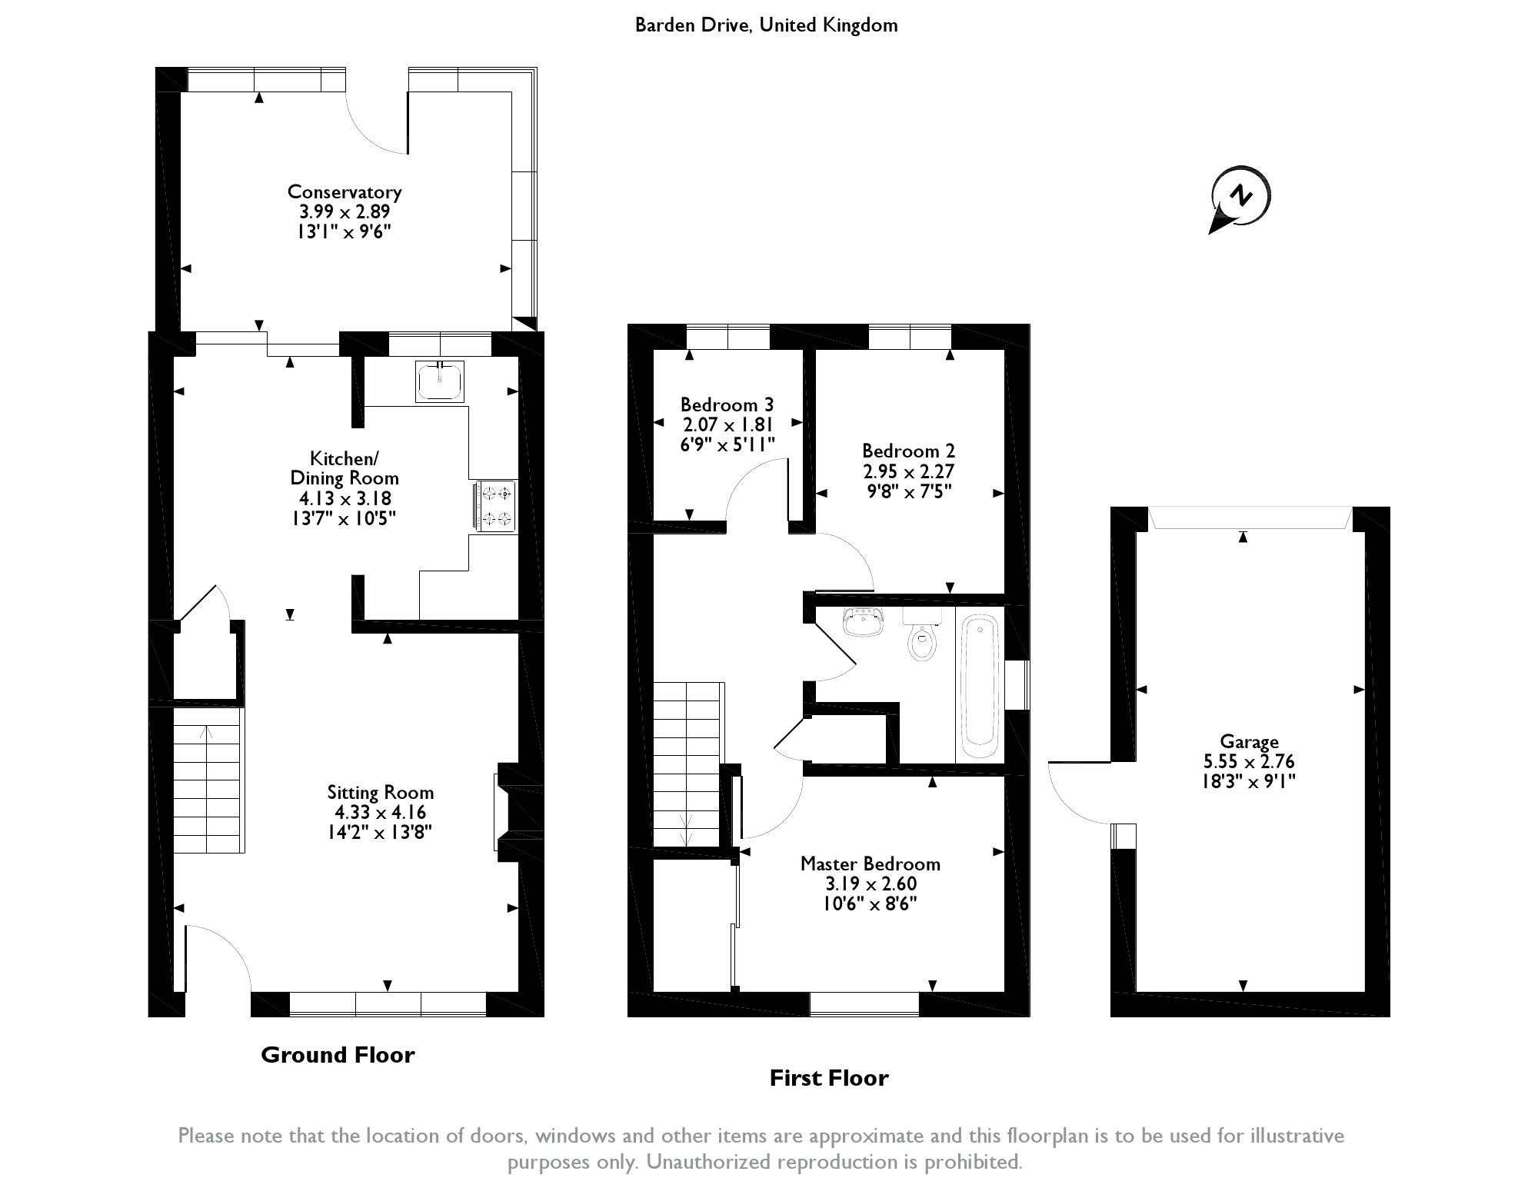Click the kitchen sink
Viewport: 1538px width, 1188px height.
coord(440,382)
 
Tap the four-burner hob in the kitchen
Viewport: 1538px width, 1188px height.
coord(495,505)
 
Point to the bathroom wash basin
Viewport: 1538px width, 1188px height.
coord(864,622)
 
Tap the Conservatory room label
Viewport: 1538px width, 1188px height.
coord(345,191)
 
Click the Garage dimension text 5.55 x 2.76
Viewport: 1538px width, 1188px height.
coord(1249,762)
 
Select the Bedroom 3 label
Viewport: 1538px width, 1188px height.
coord(727,404)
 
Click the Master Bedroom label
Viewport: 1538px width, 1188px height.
coord(870,864)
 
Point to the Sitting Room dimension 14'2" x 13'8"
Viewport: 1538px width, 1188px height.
coord(380,832)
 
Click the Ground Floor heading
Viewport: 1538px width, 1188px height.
coord(338,1054)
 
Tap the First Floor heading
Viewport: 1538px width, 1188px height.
coord(829,1078)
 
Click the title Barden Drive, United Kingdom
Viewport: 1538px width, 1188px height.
coord(766,25)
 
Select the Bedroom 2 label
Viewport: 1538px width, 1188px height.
coord(908,451)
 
